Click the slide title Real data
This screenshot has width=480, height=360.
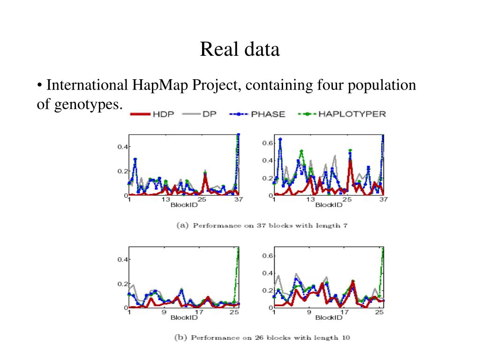pos(240,50)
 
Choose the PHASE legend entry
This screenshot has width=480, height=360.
pos(268,114)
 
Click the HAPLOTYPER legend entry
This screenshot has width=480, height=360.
pos(352,114)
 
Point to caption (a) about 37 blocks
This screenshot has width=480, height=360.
pos(262,225)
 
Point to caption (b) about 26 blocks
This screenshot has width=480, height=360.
pos(262,337)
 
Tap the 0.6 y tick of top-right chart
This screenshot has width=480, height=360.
pos(267,142)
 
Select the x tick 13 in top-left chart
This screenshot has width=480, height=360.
pos(165,200)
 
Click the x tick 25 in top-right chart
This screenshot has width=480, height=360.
pos(347,200)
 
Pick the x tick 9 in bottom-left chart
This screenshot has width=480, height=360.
pos(164,312)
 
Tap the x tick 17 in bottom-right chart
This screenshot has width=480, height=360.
pos(345,312)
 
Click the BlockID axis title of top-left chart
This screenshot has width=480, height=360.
pos(184,205)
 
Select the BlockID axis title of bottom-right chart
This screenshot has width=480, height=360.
pos(329,317)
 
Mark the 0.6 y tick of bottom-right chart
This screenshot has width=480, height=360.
pos(267,255)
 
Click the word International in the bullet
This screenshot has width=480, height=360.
pos(87,85)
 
